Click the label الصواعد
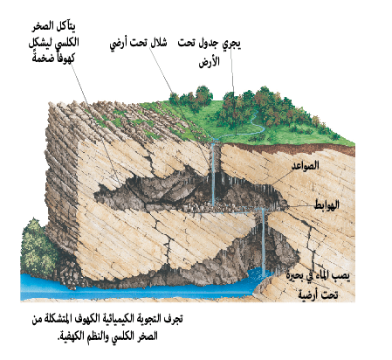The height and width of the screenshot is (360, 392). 306,165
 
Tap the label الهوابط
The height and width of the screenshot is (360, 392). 327,205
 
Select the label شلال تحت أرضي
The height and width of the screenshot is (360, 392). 138,44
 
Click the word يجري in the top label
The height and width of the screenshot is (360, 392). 231,44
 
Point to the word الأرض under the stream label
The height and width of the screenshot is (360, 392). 210,62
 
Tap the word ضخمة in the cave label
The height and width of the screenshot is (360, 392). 43,58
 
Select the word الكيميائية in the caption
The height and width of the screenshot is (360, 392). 115,319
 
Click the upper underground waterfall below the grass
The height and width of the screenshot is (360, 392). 213,173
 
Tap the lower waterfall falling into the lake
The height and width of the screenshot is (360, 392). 263,241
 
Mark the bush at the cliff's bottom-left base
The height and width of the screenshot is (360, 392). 38,247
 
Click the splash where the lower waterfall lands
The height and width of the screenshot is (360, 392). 261,275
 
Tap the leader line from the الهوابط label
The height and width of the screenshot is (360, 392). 300,206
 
